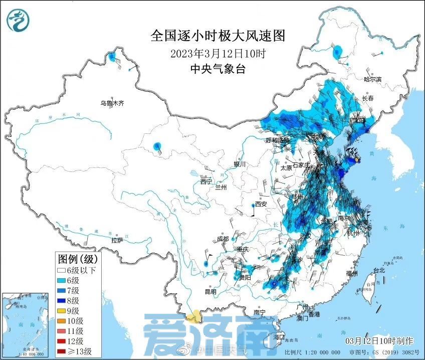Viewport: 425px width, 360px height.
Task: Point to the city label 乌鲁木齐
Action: pyautogui.click(x=111, y=104)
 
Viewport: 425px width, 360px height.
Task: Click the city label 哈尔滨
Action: pyautogui.click(x=372, y=79)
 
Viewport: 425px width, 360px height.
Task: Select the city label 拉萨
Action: pyautogui.click(x=117, y=241)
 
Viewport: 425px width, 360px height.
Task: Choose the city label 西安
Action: pyautogui.click(x=261, y=204)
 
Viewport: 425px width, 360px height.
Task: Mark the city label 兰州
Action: pyautogui.click(x=221, y=187)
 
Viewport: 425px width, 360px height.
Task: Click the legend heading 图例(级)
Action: pyautogui.click(x=79, y=259)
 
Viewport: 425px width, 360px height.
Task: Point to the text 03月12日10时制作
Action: pyautogui.click(x=379, y=341)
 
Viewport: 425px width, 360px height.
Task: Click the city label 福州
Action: pyautogui.click(x=351, y=274)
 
